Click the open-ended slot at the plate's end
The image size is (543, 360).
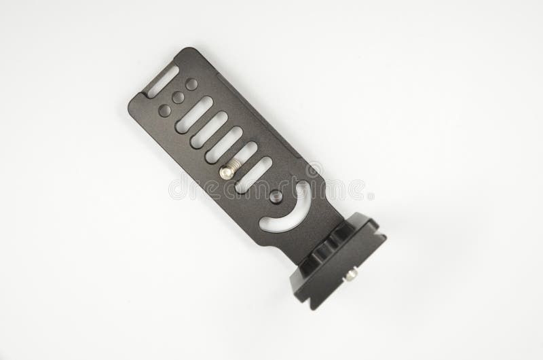pos(161,82)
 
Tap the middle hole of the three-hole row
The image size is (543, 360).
pos(178,97)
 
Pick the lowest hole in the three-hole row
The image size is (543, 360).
pos(165,109)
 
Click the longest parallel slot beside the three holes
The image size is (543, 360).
pos(194,115)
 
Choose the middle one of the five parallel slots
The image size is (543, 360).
pos(225,144)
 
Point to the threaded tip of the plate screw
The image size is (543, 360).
pos(236,166)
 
